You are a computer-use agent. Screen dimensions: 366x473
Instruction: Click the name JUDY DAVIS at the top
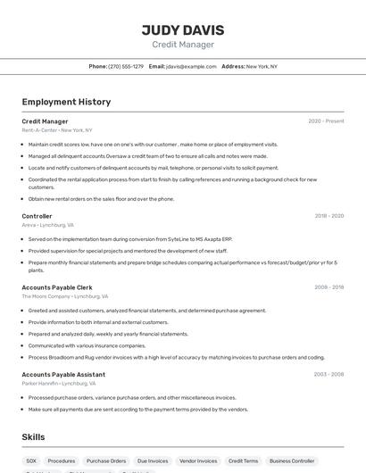tap(183, 30)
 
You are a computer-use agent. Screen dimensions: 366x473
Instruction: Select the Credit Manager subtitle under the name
tap(183, 45)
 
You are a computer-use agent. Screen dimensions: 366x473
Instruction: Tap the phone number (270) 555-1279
tap(126, 66)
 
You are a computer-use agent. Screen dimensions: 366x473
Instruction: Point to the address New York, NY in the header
tap(262, 66)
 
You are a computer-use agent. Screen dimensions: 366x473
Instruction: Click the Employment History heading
tap(66, 102)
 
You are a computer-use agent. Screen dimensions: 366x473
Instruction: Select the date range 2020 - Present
tap(326, 120)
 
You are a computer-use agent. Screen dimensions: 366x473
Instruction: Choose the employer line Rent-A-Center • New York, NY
tap(56, 130)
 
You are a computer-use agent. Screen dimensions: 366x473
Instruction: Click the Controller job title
tap(37, 216)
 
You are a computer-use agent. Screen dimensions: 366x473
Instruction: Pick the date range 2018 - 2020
tap(329, 216)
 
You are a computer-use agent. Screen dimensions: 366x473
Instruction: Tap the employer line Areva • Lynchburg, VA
tap(47, 226)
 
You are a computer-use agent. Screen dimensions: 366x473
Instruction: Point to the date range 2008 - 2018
tap(329, 287)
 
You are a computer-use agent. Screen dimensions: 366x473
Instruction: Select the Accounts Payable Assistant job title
tap(63, 374)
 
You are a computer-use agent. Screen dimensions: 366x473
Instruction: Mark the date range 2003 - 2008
tap(329, 374)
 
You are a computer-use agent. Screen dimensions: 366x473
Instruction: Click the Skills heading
tap(34, 437)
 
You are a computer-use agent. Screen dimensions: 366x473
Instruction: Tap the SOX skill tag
tap(31, 461)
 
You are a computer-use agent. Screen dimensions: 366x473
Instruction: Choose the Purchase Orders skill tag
tap(106, 461)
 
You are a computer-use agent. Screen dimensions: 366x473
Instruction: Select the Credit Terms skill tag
tap(243, 461)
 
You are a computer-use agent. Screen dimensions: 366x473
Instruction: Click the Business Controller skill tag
tap(292, 461)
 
